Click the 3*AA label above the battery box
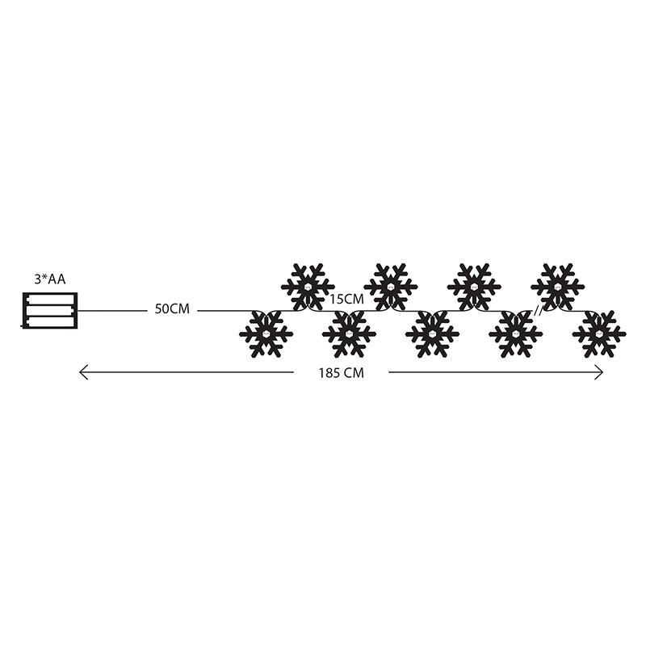[x=50, y=279]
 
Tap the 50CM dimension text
[x=172, y=309]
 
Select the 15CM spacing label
[x=346, y=299]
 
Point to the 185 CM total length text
[x=341, y=373]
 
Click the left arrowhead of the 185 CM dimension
[x=83, y=372]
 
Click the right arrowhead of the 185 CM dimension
[x=599, y=372]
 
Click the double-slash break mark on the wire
[x=538, y=312]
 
